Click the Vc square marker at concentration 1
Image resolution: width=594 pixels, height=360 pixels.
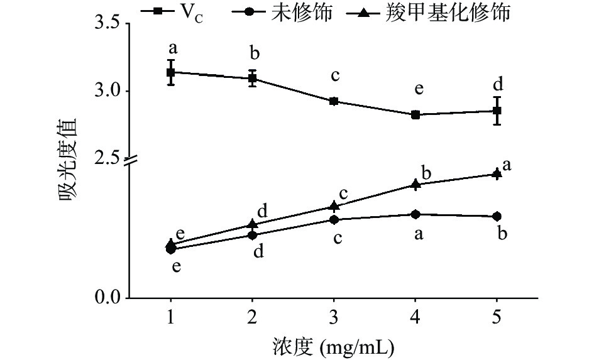coord(170,72)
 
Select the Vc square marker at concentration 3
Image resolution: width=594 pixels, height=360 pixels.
coord(334,101)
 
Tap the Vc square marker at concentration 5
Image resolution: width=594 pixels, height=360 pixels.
coord(497,111)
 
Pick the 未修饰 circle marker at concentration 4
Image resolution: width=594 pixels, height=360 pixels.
coord(415,214)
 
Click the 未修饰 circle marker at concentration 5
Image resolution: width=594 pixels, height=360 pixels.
coord(497,217)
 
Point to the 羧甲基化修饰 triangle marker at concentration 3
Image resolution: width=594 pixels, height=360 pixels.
coord(334,206)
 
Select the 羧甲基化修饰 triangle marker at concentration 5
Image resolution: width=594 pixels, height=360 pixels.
coord(497,173)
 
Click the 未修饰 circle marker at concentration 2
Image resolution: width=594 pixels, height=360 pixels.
coord(252,235)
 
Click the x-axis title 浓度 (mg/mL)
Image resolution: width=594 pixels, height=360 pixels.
coord(334,345)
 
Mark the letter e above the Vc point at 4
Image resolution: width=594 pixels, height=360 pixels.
coord(417,89)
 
